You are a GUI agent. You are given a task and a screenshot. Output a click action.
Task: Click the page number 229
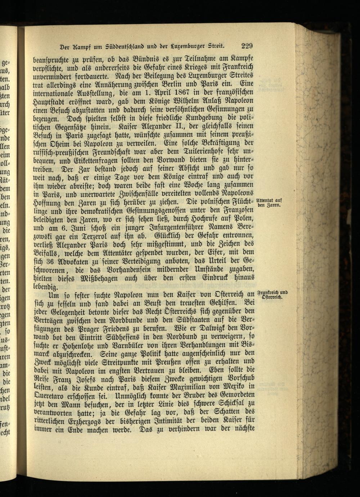pos(247,46)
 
